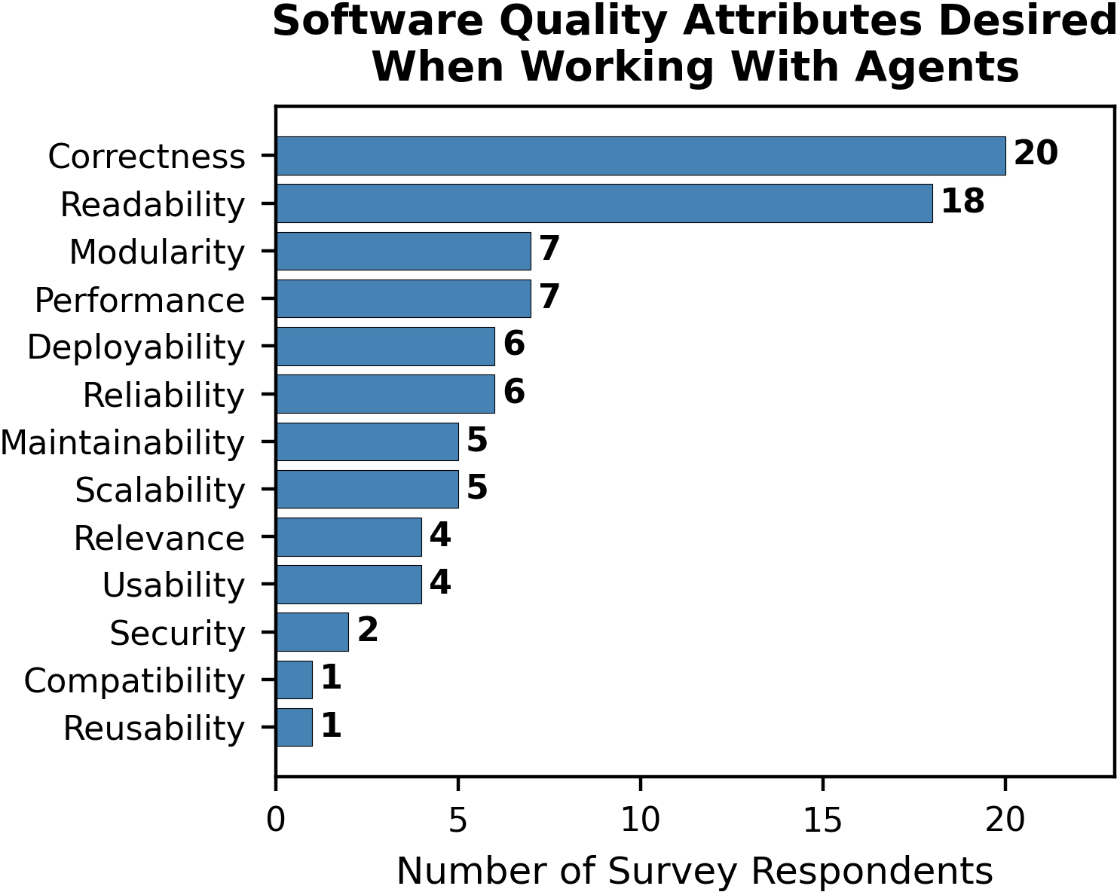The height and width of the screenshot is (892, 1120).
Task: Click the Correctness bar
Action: click(x=641, y=156)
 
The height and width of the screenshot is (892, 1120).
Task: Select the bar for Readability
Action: click(x=604, y=203)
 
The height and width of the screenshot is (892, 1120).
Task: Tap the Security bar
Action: click(x=312, y=632)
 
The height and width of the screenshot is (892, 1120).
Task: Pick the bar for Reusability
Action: click(x=294, y=727)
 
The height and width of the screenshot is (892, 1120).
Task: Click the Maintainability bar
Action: click(x=367, y=441)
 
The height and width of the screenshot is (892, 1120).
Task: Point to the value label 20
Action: click(x=1036, y=154)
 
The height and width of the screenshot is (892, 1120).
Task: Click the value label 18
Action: click(x=962, y=202)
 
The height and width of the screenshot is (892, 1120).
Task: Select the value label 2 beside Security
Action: click(x=368, y=631)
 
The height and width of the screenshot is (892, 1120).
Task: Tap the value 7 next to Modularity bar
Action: click(x=549, y=249)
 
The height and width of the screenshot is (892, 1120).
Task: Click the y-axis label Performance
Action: click(x=140, y=301)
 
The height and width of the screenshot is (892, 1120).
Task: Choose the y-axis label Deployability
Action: click(x=136, y=348)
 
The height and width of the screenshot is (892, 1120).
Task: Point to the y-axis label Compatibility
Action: click(x=134, y=681)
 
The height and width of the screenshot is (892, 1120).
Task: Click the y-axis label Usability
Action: click(x=173, y=585)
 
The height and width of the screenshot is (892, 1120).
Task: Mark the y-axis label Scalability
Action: click(x=160, y=490)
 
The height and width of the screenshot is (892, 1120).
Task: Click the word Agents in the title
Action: click(x=937, y=67)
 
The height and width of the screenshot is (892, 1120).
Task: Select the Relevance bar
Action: click(x=349, y=537)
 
